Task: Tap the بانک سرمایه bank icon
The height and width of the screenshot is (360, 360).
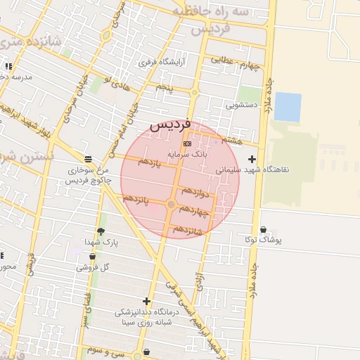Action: coord(186,143)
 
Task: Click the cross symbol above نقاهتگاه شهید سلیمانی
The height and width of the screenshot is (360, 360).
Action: coord(252,159)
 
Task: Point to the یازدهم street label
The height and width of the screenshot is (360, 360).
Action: coord(148,162)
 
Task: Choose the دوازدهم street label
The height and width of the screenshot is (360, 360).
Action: coord(195,191)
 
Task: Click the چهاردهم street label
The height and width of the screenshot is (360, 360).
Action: coord(195,210)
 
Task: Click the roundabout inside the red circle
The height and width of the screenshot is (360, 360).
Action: coord(171,205)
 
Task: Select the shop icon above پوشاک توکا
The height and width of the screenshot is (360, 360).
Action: coord(263,229)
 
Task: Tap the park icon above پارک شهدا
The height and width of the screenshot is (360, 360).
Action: coord(101,231)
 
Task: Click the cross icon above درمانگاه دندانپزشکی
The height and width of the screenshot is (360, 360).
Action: coord(146,301)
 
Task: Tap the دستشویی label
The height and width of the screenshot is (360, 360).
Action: coord(241,105)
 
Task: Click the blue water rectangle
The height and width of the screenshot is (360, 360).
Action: coord(287,107)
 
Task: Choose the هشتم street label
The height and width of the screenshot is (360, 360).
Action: coord(230,140)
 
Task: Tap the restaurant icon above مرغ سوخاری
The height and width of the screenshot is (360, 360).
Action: coord(87,158)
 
